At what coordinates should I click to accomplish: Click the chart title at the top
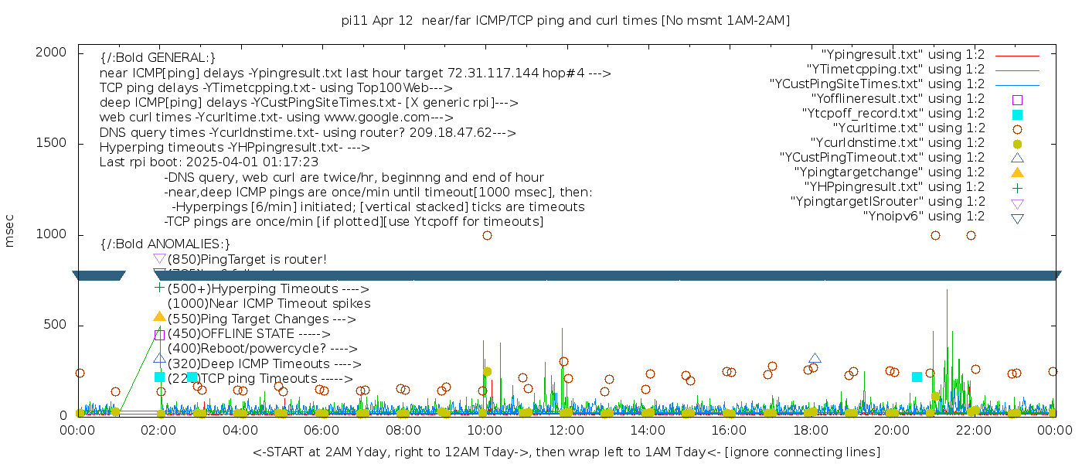pyautogui.click(x=566, y=20)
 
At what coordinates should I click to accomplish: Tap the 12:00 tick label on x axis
pyautogui.click(x=566, y=432)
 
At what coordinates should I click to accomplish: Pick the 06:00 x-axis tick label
pyautogui.click(x=322, y=432)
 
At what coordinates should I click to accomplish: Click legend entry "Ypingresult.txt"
pyautogui.click(x=903, y=55)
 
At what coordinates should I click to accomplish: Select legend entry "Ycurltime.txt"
pyautogui.click(x=908, y=128)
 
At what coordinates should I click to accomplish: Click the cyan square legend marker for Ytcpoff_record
pyautogui.click(x=1017, y=114)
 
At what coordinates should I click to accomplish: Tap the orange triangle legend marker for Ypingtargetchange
pyautogui.click(x=1017, y=172)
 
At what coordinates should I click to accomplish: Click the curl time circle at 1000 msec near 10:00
pyautogui.click(x=487, y=235)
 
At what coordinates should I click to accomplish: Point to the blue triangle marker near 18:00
pyautogui.click(x=815, y=358)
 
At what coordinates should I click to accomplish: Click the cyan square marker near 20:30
pyautogui.click(x=917, y=377)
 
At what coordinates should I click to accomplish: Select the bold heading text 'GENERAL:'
pyautogui.click(x=158, y=58)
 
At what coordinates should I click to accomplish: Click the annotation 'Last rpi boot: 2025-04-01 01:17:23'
pyautogui.click(x=209, y=162)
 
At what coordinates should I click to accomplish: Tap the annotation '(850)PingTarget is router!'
pyautogui.click(x=247, y=259)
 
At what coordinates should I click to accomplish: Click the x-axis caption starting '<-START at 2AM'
pyautogui.click(x=566, y=452)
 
